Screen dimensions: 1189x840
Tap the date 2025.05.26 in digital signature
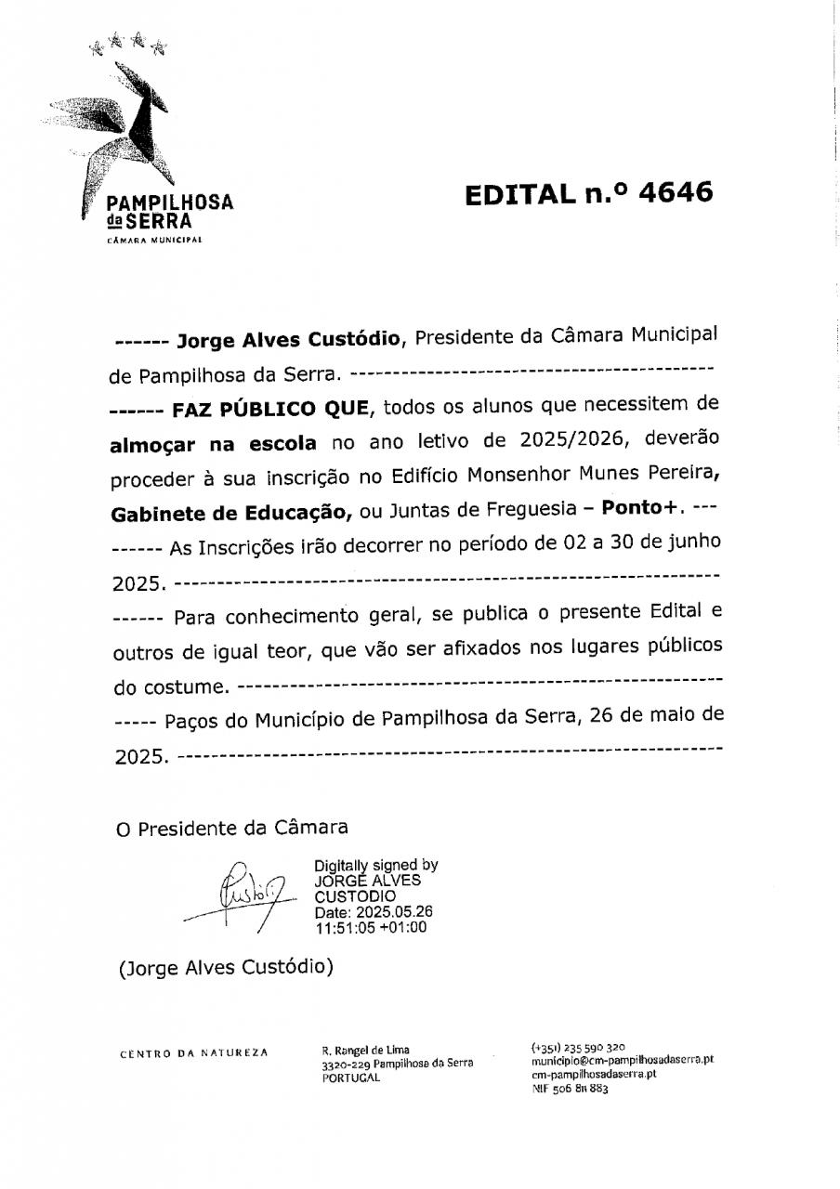coord(391,911)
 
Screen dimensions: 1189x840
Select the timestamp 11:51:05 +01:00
coord(371,926)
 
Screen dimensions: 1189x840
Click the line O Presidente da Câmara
coord(231,827)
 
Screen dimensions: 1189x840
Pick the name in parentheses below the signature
coord(226,967)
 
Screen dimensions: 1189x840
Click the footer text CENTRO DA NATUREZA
coord(194,1052)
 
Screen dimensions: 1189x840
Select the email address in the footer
coord(623,1059)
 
